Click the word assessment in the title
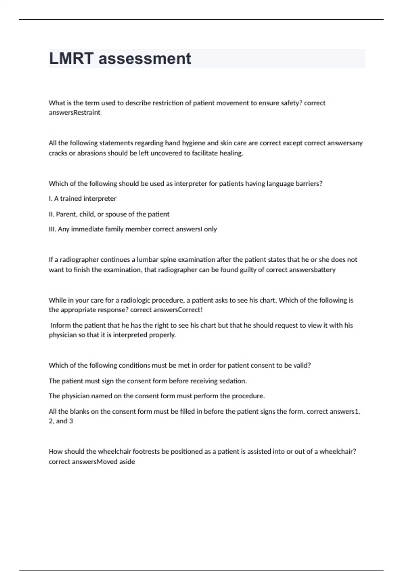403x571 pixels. [x=145, y=59]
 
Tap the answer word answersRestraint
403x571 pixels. [x=75, y=113]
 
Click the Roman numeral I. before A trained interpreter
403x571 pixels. [x=50, y=199]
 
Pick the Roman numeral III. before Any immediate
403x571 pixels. [x=52, y=229]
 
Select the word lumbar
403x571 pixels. [x=146, y=260]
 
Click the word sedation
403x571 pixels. [x=233, y=381]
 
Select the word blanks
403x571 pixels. [x=80, y=411]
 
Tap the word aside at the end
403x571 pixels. [x=127, y=462]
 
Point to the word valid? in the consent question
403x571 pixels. [x=302, y=365]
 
